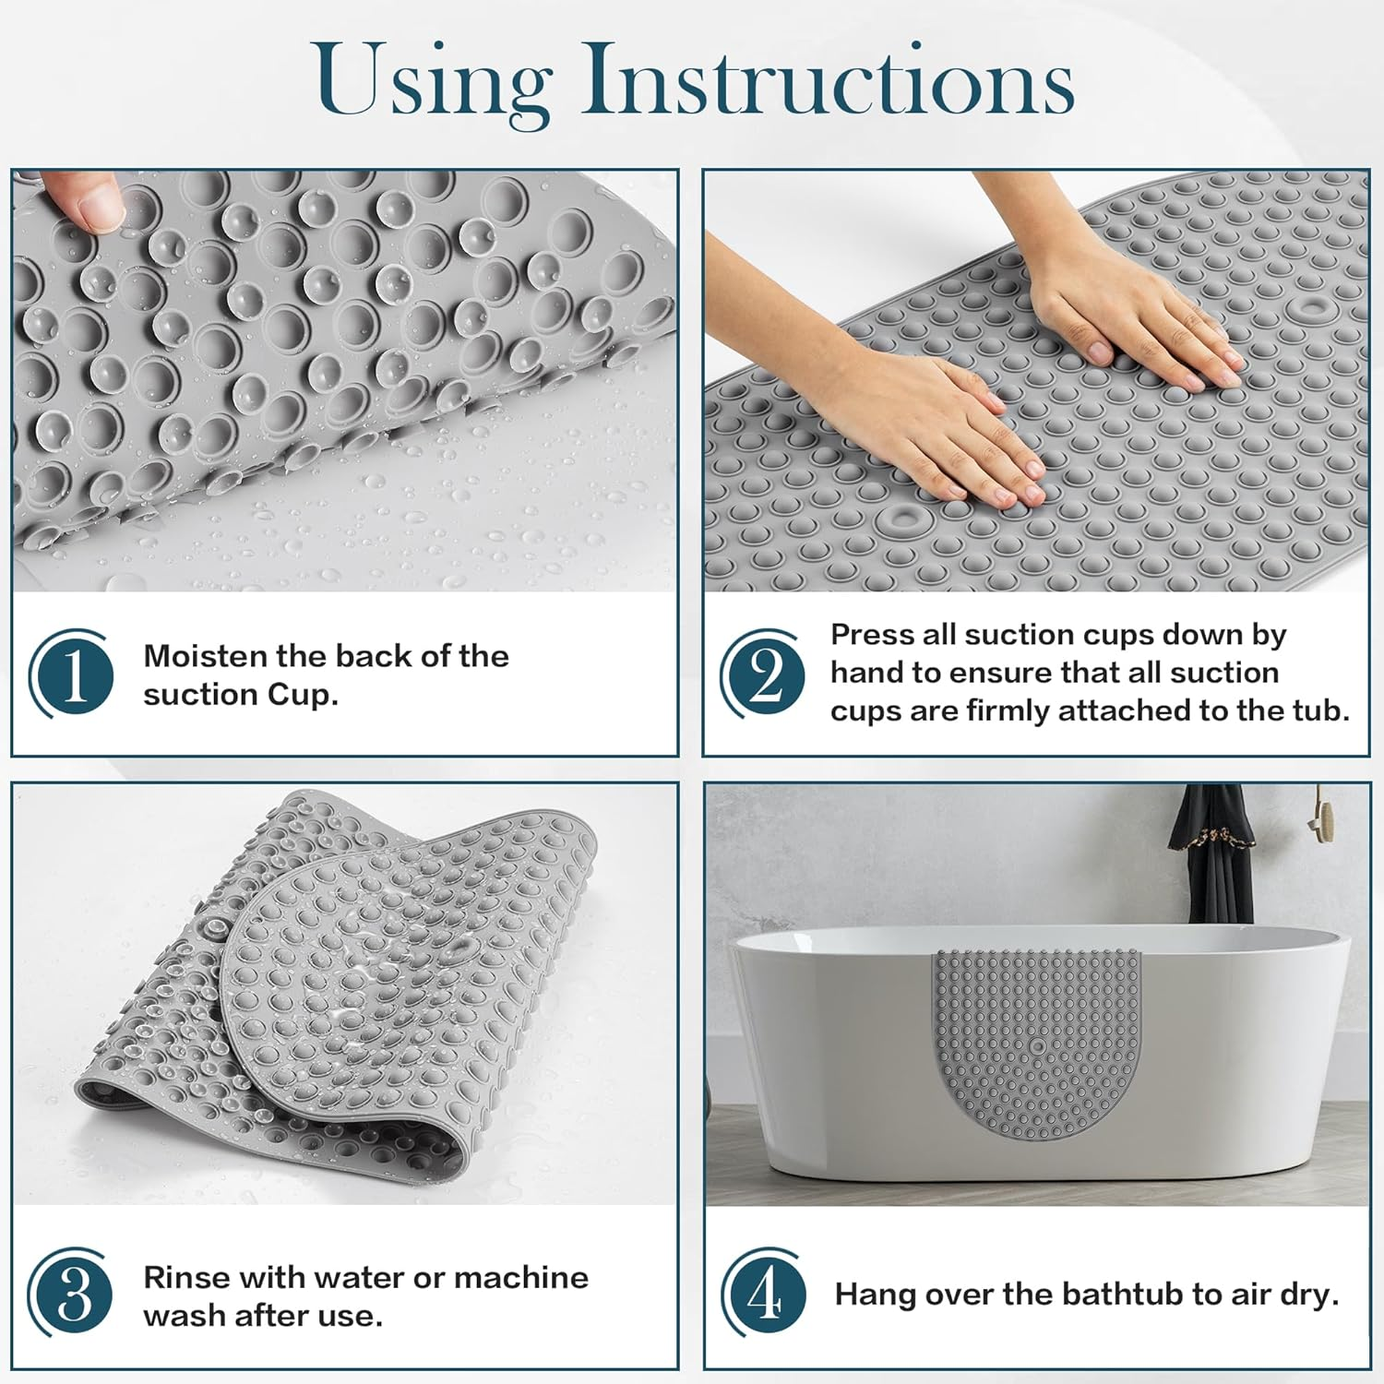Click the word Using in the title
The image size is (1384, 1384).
click(x=432, y=81)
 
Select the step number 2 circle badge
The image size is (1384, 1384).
click(x=764, y=674)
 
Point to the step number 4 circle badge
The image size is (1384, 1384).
click(x=764, y=1295)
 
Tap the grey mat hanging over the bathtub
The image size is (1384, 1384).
click(x=1037, y=1043)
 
